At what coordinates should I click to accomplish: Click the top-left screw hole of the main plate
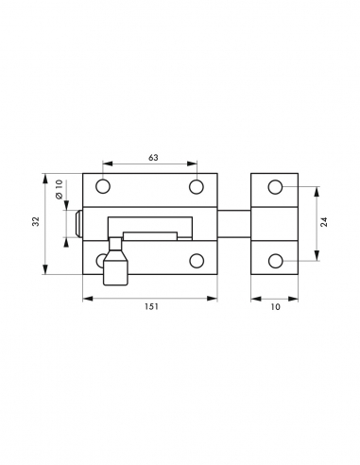point(103,187)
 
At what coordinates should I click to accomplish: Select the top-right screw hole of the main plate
point(197,187)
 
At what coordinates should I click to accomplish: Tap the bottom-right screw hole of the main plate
point(197,260)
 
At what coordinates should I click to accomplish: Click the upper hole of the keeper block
point(275,187)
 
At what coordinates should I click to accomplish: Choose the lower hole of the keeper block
point(275,260)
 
